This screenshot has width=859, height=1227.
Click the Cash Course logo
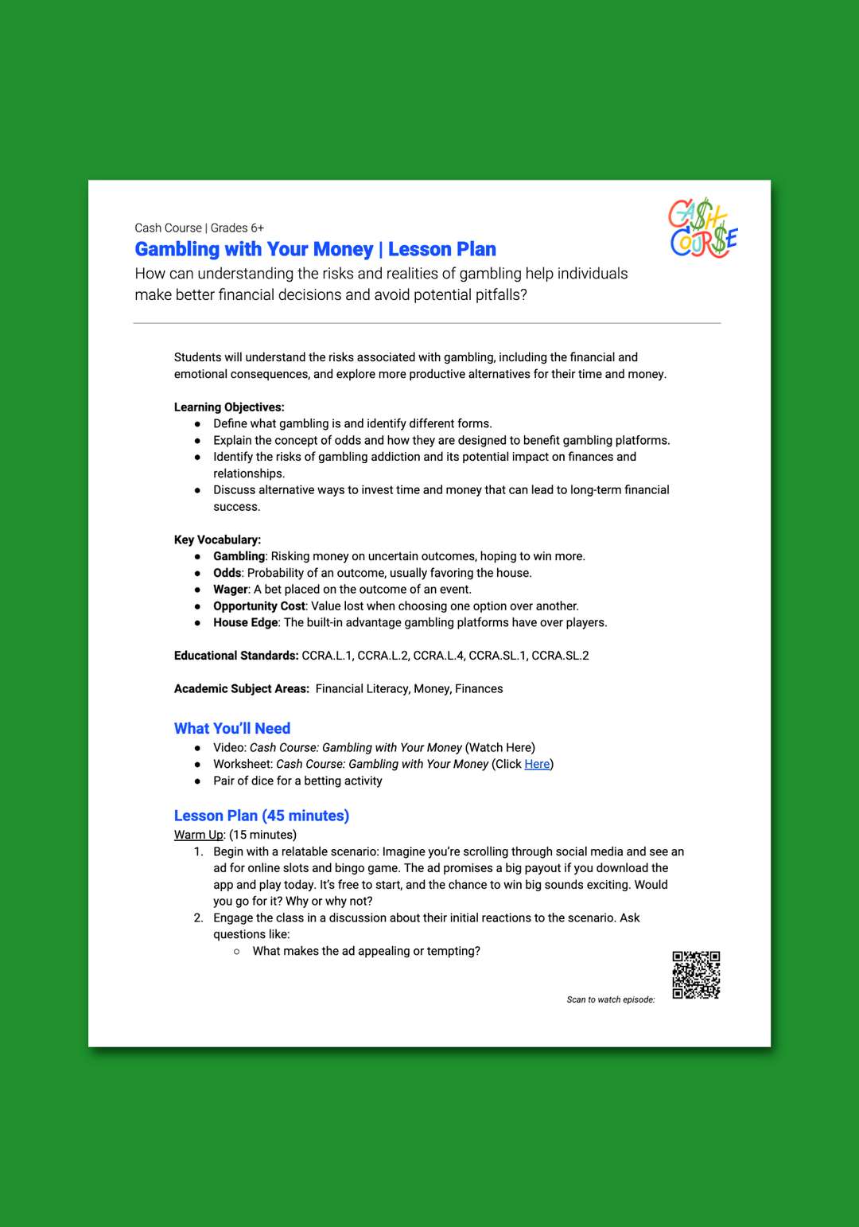coord(703,229)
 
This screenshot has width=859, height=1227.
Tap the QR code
coord(696,975)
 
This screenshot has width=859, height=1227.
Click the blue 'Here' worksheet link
coord(537,764)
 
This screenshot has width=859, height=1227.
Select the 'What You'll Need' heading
coord(232,728)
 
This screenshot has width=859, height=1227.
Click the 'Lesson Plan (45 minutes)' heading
coord(262,816)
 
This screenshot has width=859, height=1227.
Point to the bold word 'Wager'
coord(231,590)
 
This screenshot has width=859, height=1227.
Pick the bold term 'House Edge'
coord(246,622)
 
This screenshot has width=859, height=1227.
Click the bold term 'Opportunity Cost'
coord(259,606)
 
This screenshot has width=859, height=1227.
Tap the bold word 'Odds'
coord(227,573)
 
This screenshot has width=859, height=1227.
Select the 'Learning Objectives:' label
coord(229,407)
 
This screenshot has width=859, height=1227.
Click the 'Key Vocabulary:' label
coord(217,539)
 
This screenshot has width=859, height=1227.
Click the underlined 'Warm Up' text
coord(199,835)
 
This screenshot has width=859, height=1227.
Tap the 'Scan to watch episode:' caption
coord(611,999)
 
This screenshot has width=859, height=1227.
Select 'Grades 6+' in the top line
coord(237,228)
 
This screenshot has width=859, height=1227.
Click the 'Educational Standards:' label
coord(236,656)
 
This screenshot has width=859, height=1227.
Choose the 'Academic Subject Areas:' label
coord(242,689)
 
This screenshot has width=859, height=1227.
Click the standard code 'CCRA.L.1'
coord(326,656)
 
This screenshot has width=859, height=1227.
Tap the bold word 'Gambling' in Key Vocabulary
coord(239,556)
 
